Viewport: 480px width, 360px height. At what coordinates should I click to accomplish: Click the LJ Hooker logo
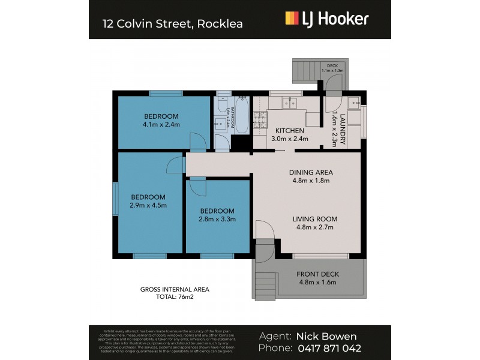[x=326, y=19]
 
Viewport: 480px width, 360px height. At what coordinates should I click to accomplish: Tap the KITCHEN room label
[x=290, y=131]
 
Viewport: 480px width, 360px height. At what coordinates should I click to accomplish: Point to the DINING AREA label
[x=311, y=172]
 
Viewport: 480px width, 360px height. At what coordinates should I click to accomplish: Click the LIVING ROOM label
[x=315, y=219]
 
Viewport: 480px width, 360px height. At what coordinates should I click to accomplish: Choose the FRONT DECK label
[x=318, y=274]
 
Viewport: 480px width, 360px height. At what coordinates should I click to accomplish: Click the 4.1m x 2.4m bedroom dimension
[x=161, y=125]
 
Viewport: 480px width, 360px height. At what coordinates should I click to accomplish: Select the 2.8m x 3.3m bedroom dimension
[x=218, y=219]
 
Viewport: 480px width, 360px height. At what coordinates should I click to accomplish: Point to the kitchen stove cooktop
[x=260, y=117]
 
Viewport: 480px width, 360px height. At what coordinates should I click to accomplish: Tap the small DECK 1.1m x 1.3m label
[x=332, y=68]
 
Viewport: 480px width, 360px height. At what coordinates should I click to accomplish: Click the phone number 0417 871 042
[x=329, y=349]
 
